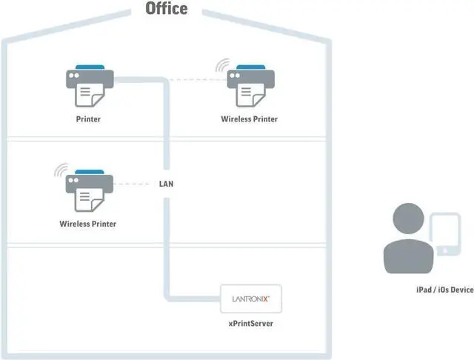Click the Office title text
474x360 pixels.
click(x=167, y=8)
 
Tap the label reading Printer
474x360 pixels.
click(x=88, y=119)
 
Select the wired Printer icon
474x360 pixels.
click(x=90, y=86)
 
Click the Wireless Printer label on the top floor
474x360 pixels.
click(x=249, y=119)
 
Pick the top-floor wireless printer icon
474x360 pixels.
click(x=250, y=86)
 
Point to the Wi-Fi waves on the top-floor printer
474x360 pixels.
click(x=222, y=65)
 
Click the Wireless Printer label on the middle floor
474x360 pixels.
click(x=88, y=224)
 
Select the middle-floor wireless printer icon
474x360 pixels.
click(x=90, y=190)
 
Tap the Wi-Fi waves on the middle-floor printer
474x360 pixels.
click(x=61, y=170)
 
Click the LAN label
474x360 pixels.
click(x=166, y=184)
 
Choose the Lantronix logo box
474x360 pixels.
click(x=251, y=299)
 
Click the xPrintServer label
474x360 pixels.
click(x=251, y=324)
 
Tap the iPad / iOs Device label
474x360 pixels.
click(x=445, y=290)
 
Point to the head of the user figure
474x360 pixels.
click(x=408, y=219)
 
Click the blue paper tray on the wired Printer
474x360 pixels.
click(x=90, y=67)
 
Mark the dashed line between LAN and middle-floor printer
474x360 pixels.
click(x=132, y=184)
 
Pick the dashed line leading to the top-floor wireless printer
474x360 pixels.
click(x=198, y=80)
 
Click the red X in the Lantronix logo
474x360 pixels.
click(x=265, y=299)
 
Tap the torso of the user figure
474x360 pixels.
click(x=408, y=256)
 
